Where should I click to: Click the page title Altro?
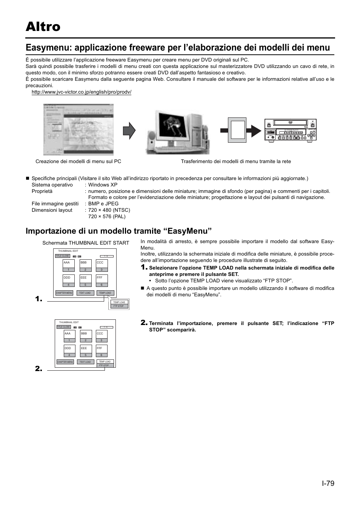pyautogui.click(x=43, y=27)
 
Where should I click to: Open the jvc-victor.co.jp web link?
pyautogui.click(x=81, y=92)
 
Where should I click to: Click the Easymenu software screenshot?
pyautogui.click(x=78, y=129)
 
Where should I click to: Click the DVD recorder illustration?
pyautogui.click(x=290, y=130)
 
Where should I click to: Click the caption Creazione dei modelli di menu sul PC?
pyautogui.click(x=78, y=161)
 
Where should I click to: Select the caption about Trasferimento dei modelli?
pyautogui.click(x=236, y=161)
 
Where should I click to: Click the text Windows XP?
pyautogui.click(x=103, y=185)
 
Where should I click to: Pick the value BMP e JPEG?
pyautogui.click(x=103, y=203)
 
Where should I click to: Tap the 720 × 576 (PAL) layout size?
pyautogui.click(x=107, y=216)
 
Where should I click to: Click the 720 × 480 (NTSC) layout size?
pyautogui.click(x=109, y=210)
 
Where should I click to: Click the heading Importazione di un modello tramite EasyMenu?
pyautogui.click(x=118, y=231)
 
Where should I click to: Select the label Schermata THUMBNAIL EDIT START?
pyautogui.click(x=86, y=243)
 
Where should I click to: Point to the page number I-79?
pyautogui.click(x=328, y=483)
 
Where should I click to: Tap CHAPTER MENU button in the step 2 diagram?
pyautogui.click(x=65, y=362)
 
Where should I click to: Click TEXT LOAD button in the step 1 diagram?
pyautogui.click(x=85, y=293)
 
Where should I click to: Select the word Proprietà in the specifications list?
pyautogui.click(x=42, y=191)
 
